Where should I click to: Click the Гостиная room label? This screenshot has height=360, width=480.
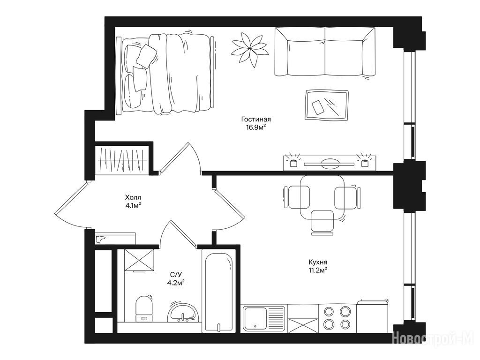(256, 120)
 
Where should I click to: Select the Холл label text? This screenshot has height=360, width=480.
(133, 197)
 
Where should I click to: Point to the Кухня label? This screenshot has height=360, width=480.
(318, 262)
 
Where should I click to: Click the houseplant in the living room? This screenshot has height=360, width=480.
(249, 49)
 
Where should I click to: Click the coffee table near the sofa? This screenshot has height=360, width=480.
(327, 105)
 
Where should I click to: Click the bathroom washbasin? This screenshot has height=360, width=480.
(183, 313)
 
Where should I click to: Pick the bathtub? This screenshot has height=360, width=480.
(218, 290)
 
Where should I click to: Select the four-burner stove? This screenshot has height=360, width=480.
(337, 318)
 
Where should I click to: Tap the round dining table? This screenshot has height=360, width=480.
(322, 197)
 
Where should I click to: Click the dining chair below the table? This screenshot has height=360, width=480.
(322, 222)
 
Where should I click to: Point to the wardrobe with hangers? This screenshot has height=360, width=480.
(122, 160)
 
